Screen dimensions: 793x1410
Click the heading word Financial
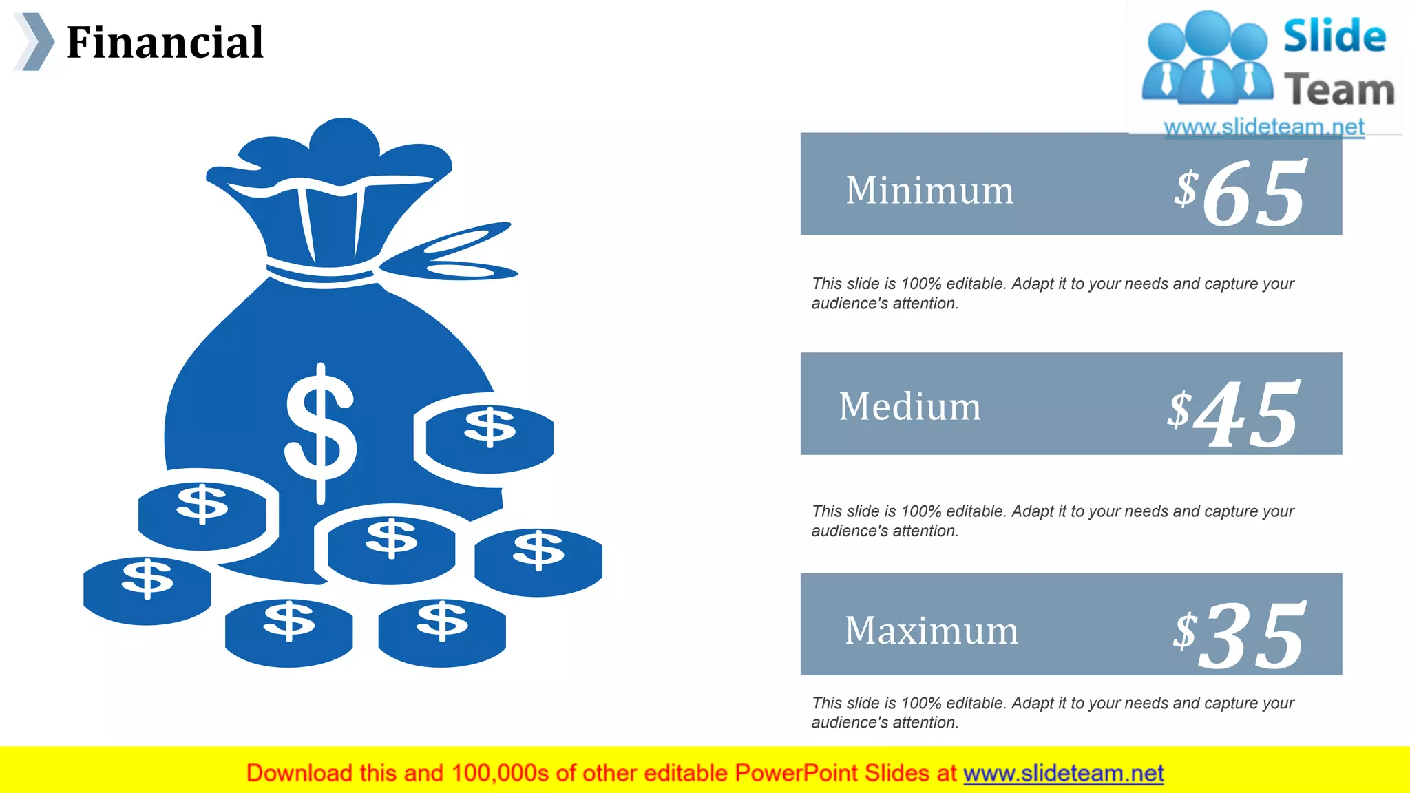point(165,43)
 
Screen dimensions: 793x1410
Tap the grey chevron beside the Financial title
point(34,42)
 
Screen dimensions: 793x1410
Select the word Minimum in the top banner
point(929,191)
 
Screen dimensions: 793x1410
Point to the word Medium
point(909,406)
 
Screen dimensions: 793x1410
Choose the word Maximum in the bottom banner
point(931,630)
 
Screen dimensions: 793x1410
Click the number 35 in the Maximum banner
point(1252,635)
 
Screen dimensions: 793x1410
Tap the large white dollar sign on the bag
point(321,434)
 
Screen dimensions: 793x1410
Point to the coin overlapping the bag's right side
point(490,438)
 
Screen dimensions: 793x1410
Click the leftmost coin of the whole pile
point(147,590)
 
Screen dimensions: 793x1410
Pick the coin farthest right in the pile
point(538,561)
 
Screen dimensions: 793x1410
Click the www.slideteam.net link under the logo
point(1264,127)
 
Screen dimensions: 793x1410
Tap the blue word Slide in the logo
point(1334,36)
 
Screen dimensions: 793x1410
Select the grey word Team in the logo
point(1339,90)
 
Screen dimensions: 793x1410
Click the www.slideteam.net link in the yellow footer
point(1063,773)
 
